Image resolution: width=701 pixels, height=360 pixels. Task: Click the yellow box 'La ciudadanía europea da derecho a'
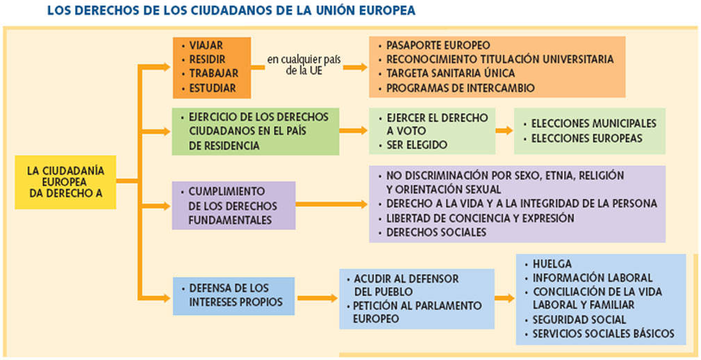65,182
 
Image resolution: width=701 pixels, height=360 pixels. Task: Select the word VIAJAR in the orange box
206,46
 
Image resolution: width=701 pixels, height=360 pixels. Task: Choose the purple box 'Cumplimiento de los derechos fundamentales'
234,206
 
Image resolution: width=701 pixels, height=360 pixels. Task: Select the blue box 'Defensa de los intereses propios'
234,296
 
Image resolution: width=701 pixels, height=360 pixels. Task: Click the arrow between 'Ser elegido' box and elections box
504,131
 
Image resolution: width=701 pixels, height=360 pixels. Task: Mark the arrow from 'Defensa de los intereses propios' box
317,298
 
